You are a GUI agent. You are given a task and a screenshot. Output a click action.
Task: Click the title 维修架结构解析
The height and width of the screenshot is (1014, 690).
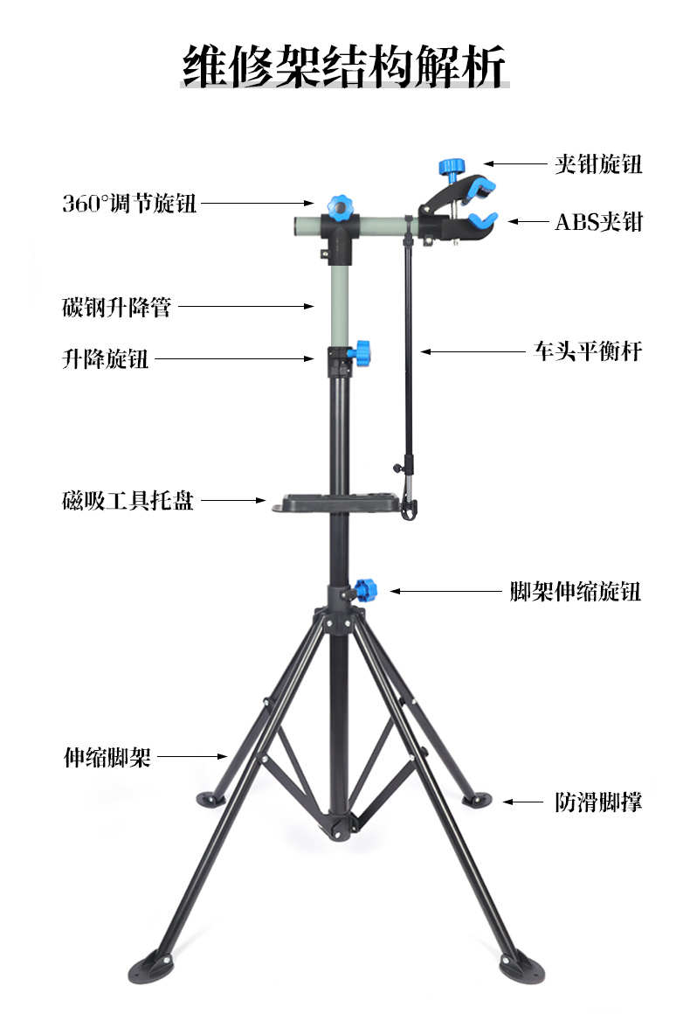[344, 66]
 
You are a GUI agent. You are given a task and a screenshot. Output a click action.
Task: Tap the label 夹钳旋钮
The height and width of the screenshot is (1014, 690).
[598, 163]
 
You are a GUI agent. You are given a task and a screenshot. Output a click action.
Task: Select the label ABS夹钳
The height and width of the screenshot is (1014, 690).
[598, 221]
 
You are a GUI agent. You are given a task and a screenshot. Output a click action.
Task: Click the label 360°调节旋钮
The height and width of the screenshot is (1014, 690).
[129, 205]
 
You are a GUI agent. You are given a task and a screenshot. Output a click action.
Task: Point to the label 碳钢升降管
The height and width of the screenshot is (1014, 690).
[116, 307]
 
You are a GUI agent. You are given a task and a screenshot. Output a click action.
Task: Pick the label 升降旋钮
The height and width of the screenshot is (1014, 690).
[105, 358]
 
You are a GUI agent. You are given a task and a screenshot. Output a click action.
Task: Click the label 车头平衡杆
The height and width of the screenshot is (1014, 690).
[588, 351]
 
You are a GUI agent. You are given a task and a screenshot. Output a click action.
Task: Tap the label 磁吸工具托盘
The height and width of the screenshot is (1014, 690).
[128, 501]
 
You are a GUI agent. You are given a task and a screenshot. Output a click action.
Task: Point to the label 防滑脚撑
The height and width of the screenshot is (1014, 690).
[598, 802]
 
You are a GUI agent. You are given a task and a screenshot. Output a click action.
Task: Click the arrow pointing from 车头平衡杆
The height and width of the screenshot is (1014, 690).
[473, 352]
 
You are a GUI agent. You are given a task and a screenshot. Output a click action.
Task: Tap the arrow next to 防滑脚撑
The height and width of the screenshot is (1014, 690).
[523, 802]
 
